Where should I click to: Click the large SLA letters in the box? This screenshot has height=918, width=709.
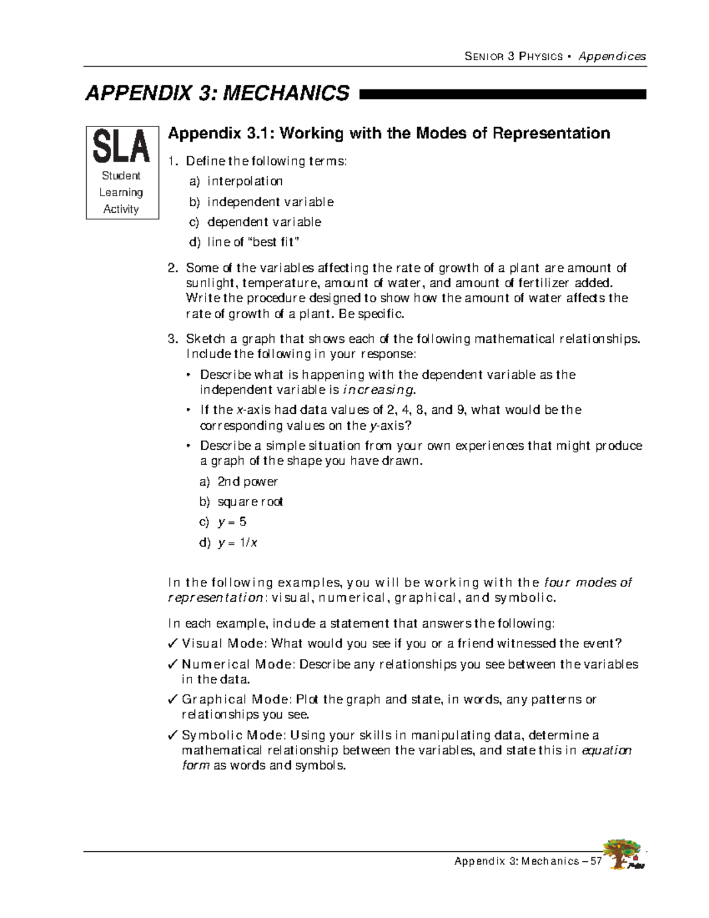tap(122, 147)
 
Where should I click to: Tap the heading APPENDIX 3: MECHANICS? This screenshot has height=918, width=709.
tap(217, 93)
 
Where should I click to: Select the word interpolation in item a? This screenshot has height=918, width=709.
tap(245, 181)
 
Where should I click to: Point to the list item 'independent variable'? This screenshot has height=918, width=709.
tap(270, 202)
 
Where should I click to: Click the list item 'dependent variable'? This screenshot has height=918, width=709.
tap(264, 222)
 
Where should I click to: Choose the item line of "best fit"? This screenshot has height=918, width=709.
tap(253, 242)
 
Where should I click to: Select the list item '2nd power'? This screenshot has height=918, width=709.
tap(247, 482)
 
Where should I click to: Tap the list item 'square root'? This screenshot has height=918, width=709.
tap(250, 502)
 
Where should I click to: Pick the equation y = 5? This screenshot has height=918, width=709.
tap(232, 522)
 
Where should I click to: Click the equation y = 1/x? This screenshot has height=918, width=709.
tap(237, 543)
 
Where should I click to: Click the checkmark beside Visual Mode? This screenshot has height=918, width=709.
tap(173, 643)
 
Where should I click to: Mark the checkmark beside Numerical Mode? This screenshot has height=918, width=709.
tap(173, 664)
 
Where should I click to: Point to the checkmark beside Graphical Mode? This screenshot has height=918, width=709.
tap(173, 699)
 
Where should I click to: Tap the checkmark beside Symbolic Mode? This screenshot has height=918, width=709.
tap(173, 735)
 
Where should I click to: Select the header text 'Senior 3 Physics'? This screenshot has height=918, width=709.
tap(513, 57)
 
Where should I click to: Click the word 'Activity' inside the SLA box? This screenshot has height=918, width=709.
tap(121, 209)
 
